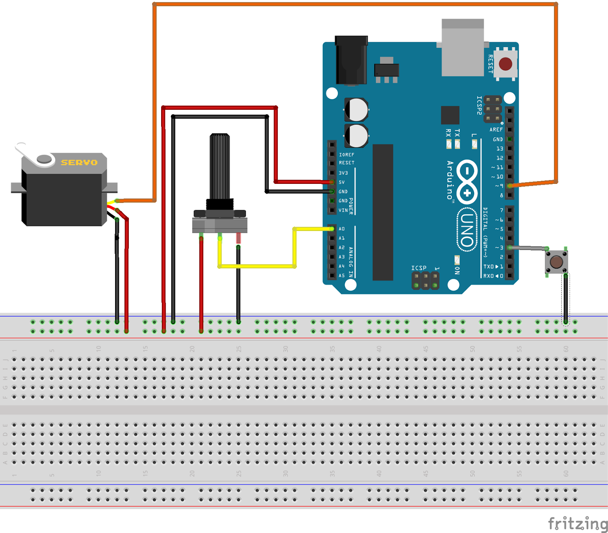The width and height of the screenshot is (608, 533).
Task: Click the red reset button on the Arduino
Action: pos(505,64)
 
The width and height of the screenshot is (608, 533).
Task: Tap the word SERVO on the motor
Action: pos(79,163)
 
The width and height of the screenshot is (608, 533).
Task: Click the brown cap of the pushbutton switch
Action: pos(556,261)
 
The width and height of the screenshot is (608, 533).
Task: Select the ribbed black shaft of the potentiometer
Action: pos(220,167)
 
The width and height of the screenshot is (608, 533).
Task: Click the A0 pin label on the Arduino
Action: pos(342,229)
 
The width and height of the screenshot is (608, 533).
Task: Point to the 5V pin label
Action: pos(342,182)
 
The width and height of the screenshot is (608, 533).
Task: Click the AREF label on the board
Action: pos(496,130)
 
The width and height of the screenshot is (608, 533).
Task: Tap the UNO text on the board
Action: pos(467,230)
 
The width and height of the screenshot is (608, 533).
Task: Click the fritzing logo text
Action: pos(578,524)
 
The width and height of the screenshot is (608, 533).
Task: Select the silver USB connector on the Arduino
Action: pos(462,47)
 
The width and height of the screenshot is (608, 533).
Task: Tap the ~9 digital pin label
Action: pos(499,186)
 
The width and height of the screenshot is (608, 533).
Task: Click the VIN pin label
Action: pos(343,210)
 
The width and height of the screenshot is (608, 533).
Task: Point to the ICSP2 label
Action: pos(479,105)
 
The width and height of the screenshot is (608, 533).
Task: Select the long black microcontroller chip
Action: pos(383,213)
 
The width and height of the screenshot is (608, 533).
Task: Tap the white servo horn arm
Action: pos(27,152)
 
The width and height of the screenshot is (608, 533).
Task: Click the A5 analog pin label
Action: pos(342,275)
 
